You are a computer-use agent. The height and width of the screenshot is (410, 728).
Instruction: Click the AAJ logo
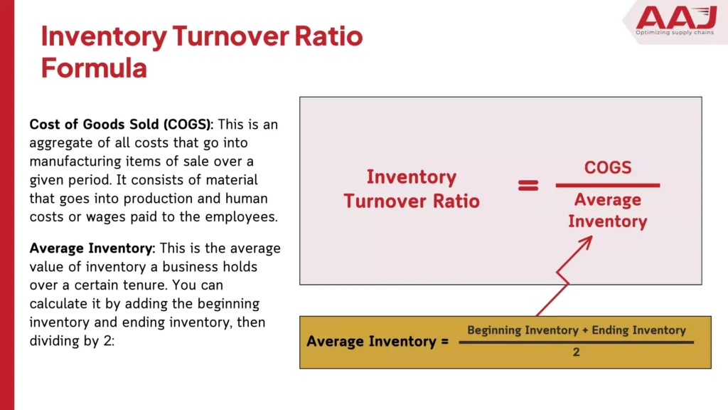[675, 17]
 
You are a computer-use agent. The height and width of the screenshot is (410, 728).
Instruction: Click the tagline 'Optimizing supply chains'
[675, 33]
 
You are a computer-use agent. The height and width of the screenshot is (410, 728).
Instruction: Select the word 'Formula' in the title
[94, 68]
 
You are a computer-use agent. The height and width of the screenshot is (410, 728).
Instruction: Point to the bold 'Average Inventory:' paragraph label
[93, 248]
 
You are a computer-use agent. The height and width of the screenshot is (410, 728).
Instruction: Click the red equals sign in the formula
[528, 186]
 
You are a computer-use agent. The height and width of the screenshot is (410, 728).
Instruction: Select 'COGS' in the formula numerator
[608, 167]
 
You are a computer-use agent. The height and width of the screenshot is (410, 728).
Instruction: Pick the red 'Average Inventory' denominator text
[608, 211]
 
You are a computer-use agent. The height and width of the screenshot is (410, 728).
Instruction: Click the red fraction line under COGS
[608, 186]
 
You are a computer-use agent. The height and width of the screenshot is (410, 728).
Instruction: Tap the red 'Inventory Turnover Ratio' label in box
[412, 189]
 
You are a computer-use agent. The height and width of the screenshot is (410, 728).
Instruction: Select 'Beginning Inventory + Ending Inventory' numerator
[576, 330]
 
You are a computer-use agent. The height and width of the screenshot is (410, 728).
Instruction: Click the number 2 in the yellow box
[576, 352]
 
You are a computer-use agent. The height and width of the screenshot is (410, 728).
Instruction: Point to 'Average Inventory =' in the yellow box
[378, 342]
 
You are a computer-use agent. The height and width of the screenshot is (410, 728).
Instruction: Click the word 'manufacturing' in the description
[73, 162]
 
